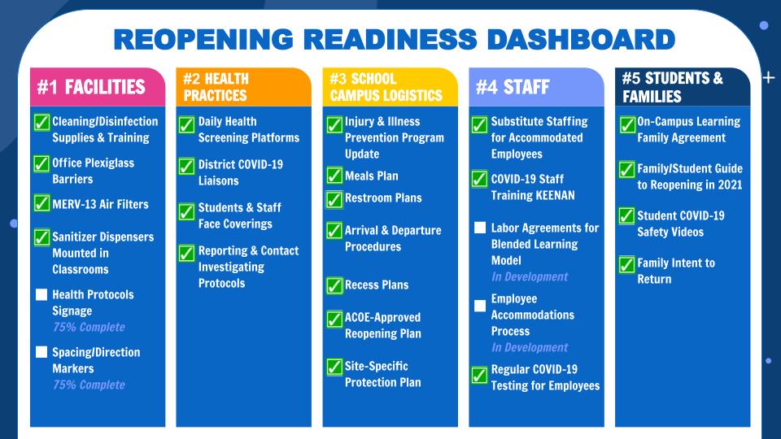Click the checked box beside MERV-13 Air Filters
coord(41,203)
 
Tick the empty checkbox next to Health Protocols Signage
coord(41,294)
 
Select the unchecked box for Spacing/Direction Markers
coord(41,352)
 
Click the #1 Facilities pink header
coord(91,87)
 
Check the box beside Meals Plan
coord(334,176)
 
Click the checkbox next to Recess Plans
coord(334,285)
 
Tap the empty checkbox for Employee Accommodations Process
coord(480,306)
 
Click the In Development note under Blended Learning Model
coord(530,276)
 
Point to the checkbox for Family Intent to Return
coord(626,264)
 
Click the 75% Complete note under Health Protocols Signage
coord(89,327)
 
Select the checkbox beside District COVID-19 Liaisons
coord(187,167)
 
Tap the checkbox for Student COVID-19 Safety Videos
coord(626,216)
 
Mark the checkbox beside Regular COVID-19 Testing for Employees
coord(480,376)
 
